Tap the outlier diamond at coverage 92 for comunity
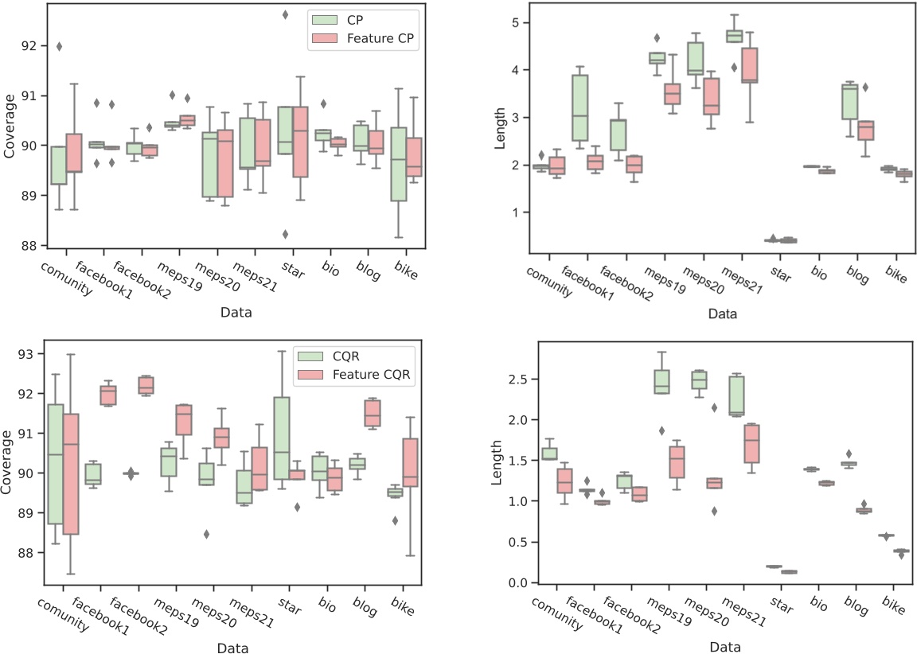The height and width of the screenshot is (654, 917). (x=59, y=46)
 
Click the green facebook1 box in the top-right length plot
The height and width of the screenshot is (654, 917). (x=580, y=107)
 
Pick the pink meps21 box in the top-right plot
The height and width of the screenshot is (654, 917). (x=749, y=65)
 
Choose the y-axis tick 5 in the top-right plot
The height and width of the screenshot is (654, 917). (x=517, y=22)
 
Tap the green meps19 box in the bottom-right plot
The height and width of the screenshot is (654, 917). (x=661, y=381)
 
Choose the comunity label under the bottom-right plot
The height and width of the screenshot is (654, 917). (x=548, y=613)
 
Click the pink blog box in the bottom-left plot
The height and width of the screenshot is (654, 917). (x=372, y=413)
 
